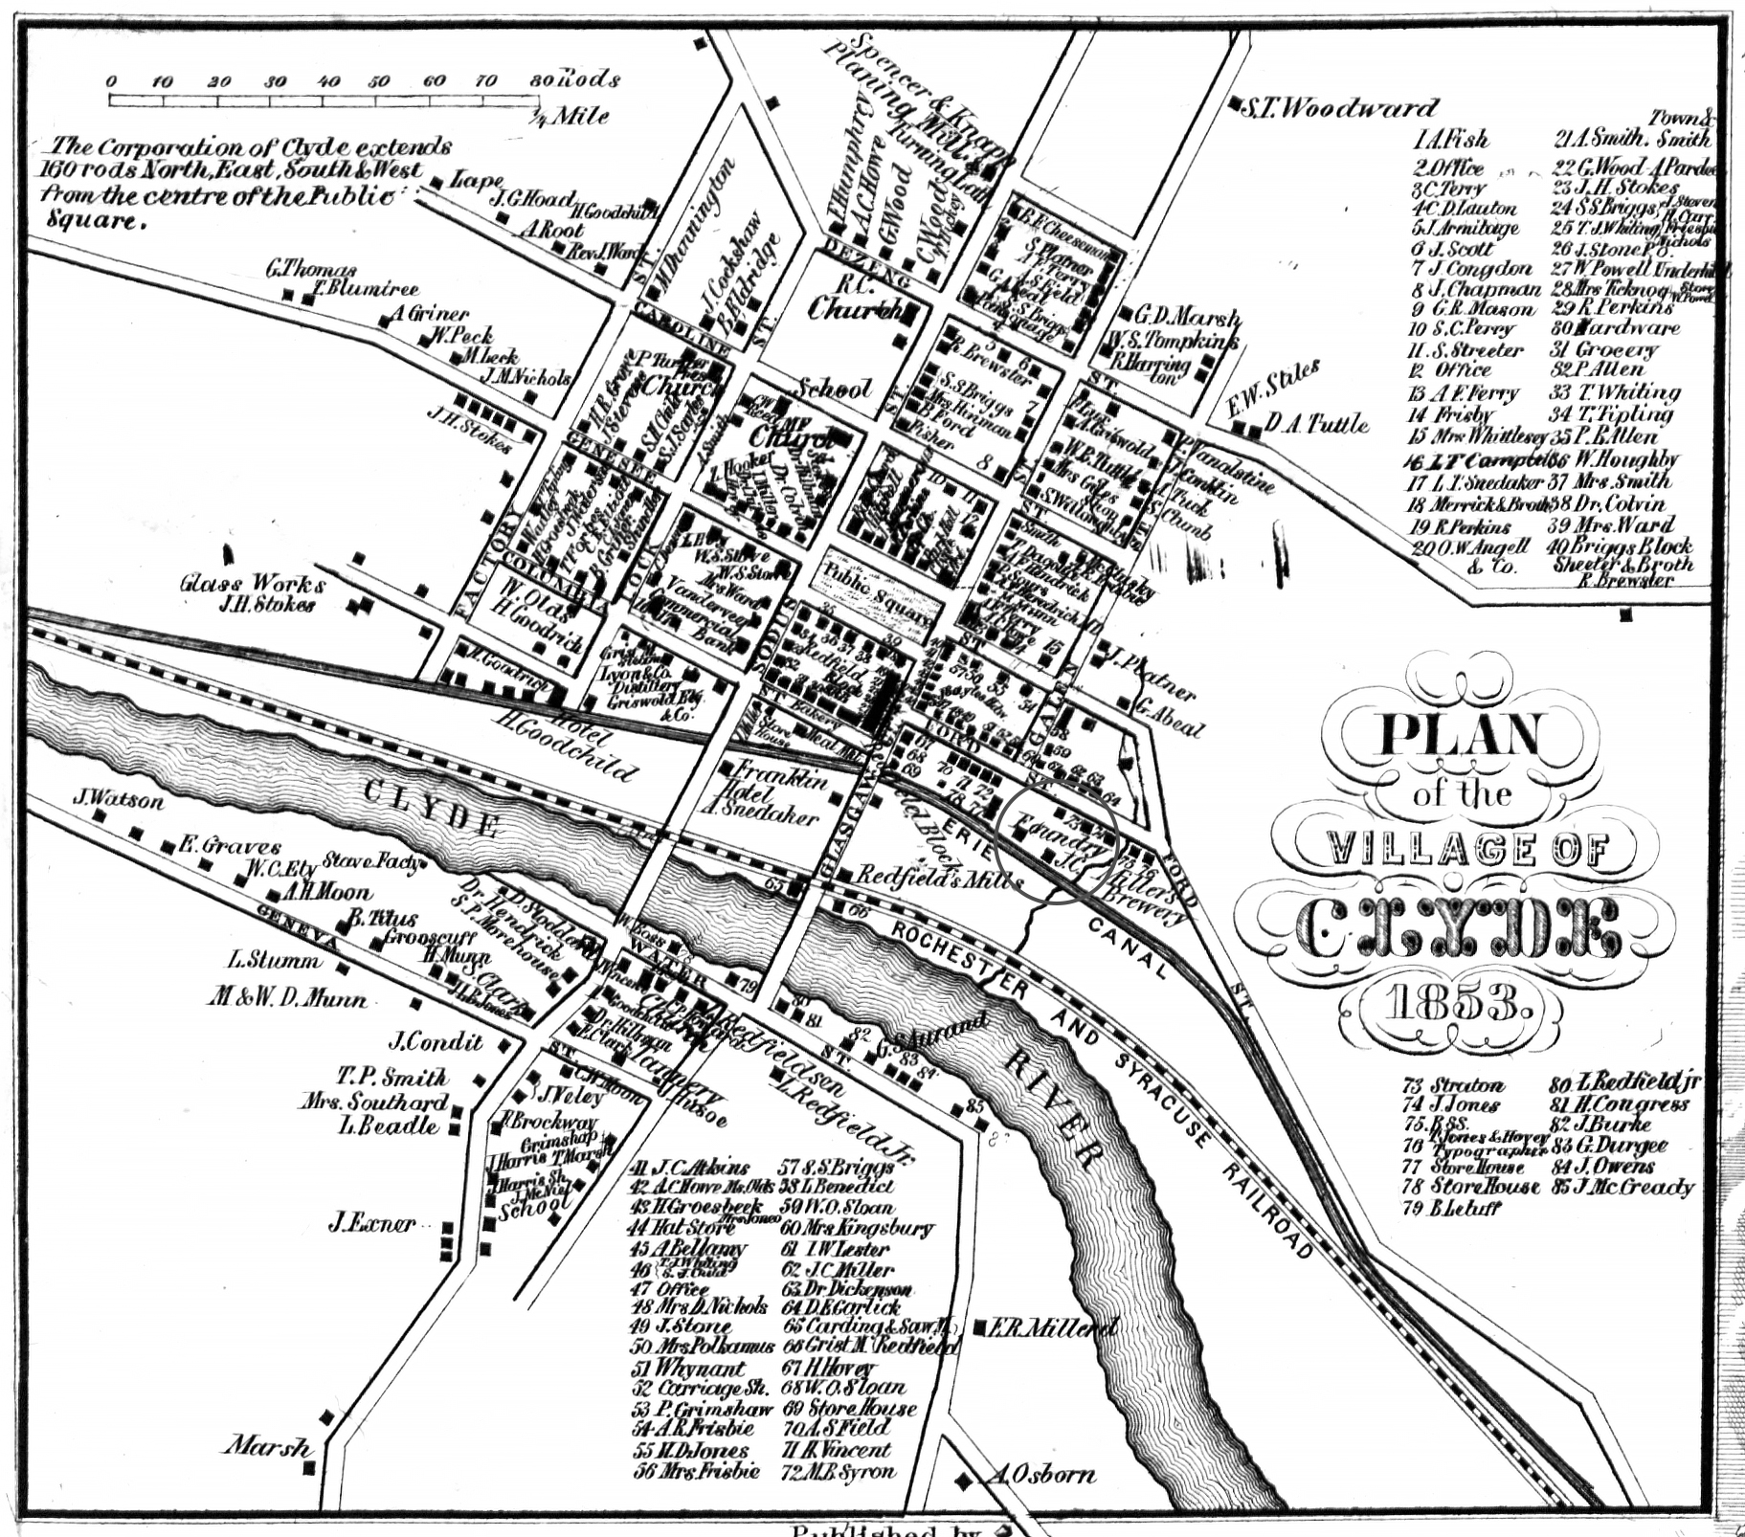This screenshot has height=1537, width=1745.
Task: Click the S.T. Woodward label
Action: point(1338,108)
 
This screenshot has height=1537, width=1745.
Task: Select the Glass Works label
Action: point(252,583)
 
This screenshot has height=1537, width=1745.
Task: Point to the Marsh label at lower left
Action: point(268,1445)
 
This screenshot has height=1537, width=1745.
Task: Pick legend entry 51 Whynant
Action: point(686,1369)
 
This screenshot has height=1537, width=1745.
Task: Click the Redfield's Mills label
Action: point(938,876)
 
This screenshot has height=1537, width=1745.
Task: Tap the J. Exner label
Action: point(372,1223)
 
